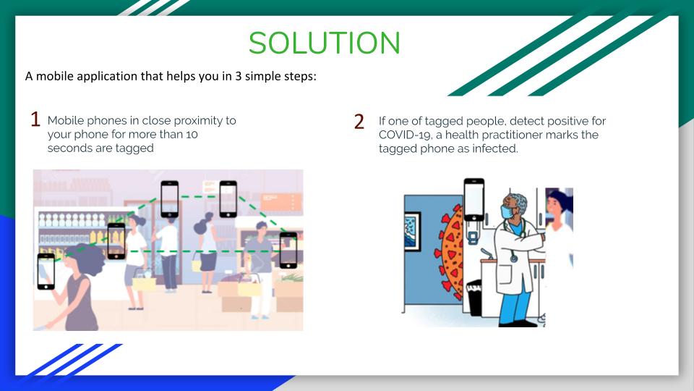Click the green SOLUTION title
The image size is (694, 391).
325,43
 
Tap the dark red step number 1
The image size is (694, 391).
35,119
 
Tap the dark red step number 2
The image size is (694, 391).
359,122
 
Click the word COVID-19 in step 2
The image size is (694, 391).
404,135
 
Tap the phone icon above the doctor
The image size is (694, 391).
474,200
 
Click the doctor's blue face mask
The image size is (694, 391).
507,211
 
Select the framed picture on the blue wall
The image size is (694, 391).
413,230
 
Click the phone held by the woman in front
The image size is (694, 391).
46,272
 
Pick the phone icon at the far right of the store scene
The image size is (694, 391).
288,251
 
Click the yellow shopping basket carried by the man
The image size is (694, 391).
249,286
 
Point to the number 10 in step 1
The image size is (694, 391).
192,135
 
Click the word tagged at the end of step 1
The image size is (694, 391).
134,148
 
